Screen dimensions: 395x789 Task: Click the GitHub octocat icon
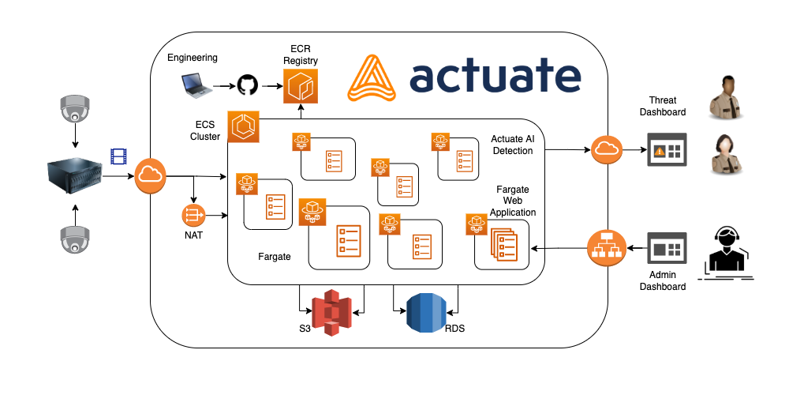pos(247,85)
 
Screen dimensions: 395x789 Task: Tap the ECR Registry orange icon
pos(300,86)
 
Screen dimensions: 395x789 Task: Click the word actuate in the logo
pos(495,77)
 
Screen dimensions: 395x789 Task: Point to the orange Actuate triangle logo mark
pos(374,77)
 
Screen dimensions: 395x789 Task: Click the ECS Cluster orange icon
pos(242,127)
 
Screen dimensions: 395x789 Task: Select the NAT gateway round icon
pos(193,214)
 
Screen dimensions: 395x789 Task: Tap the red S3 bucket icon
pos(331,313)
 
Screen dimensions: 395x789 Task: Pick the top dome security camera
pos(75,110)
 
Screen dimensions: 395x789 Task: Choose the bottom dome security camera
pos(75,239)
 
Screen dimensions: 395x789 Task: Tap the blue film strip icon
pos(119,156)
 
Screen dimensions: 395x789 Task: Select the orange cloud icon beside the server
pos(150,175)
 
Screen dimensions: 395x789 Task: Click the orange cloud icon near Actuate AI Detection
pos(607,149)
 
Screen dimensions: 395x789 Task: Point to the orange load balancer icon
pos(607,248)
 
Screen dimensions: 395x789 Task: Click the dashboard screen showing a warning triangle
pos(667,149)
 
